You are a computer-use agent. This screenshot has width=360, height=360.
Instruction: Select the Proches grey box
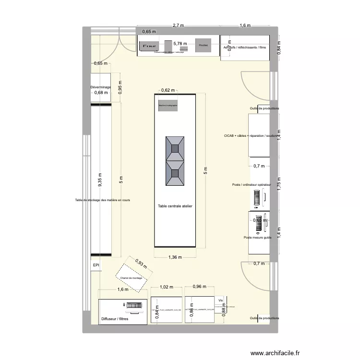point(204,45)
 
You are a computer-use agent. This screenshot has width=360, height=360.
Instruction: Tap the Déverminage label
point(100,87)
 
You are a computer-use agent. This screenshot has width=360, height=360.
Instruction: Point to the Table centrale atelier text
point(175,206)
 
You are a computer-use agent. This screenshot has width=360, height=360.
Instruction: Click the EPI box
point(96,265)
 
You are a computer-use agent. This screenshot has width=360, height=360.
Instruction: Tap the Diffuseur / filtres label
point(115,319)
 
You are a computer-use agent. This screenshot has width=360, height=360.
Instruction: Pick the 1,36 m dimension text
point(175,257)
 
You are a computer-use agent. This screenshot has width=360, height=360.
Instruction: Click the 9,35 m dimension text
point(100,182)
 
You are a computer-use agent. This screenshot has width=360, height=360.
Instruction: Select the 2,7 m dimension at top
point(179,25)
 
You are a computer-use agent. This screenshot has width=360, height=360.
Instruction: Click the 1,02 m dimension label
point(166,287)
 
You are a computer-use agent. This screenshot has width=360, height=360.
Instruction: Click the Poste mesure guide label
point(258,238)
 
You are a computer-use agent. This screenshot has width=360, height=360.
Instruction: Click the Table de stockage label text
point(102,200)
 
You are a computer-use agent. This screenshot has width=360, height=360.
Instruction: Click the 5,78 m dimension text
point(180,44)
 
